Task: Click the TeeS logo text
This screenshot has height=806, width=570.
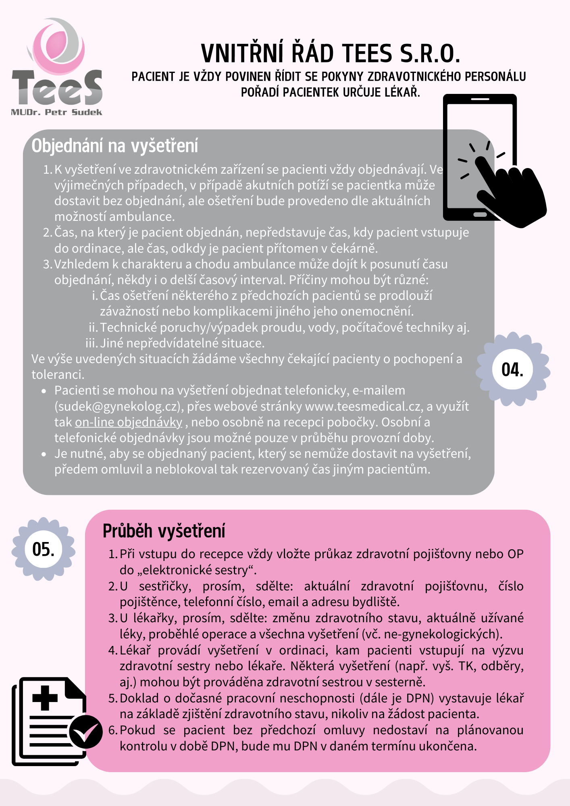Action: [57, 88]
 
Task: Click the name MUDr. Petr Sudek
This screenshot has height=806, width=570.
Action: [56, 112]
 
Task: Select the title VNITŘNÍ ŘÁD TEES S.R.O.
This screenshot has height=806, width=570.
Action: [330, 54]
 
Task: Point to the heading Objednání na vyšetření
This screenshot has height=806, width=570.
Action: [115, 146]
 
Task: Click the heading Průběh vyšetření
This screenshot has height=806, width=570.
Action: [164, 531]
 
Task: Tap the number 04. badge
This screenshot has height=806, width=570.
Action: [512, 370]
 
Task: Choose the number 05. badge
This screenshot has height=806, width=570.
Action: [43, 549]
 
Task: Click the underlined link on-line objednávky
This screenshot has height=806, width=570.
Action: [129, 422]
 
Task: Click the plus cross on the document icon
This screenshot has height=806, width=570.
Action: [45, 698]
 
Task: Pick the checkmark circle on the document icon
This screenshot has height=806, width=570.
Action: [85, 732]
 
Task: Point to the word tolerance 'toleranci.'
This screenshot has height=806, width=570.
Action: [58, 375]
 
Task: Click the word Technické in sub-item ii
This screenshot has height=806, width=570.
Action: [128, 327]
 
